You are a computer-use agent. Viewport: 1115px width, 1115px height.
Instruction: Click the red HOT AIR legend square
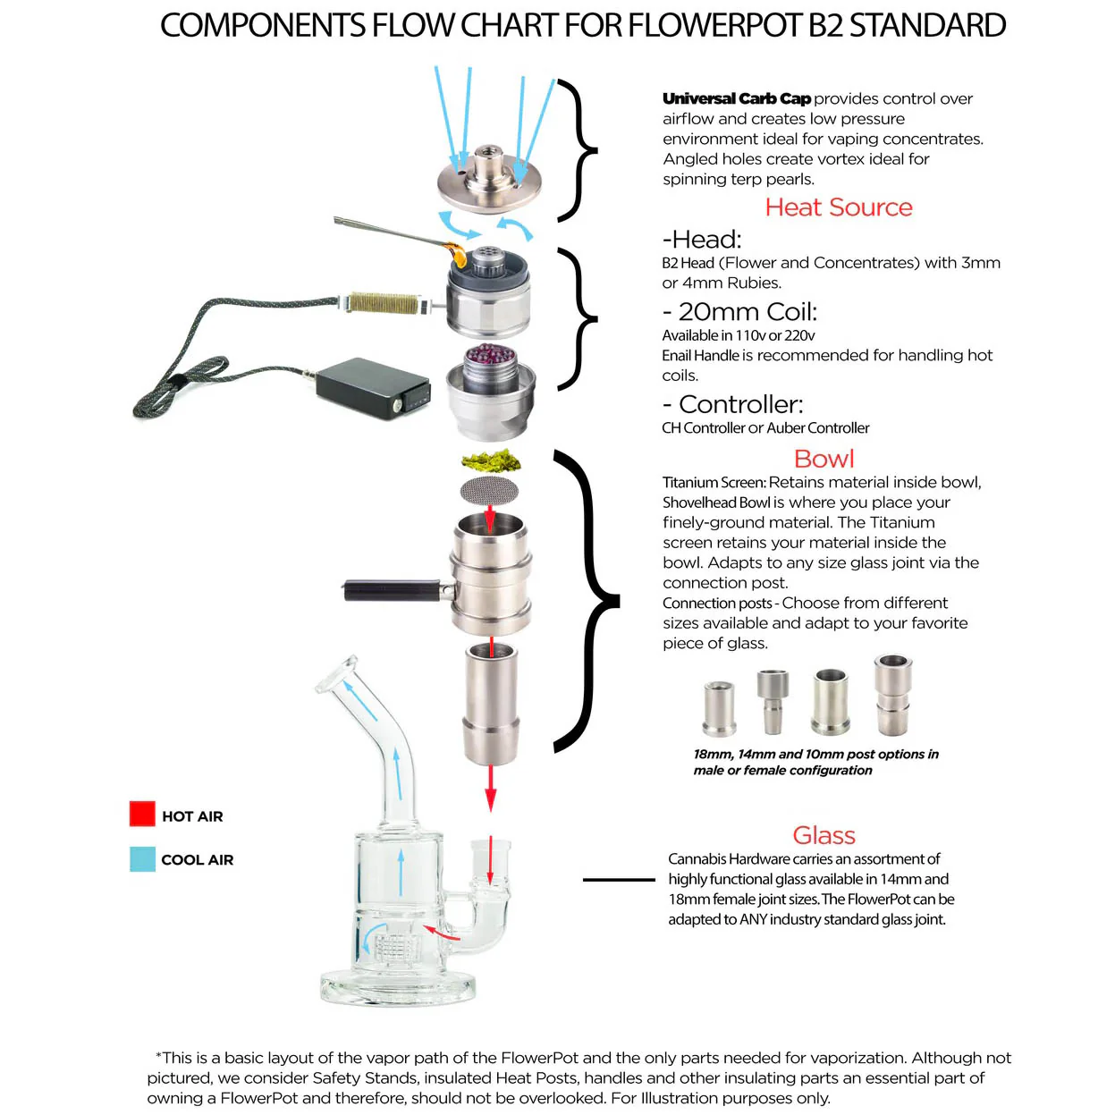(142, 814)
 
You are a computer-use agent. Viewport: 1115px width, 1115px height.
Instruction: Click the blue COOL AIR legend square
(142, 859)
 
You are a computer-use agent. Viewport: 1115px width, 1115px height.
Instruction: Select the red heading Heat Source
(838, 207)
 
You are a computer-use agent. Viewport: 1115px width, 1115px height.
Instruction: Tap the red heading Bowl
(824, 459)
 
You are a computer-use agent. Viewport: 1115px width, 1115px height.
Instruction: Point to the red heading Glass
(824, 835)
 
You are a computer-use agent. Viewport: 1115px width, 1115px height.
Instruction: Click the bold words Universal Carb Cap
(737, 98)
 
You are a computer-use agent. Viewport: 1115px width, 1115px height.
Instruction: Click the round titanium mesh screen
(490, 490)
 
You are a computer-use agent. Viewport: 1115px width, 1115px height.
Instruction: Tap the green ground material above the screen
(491, 460)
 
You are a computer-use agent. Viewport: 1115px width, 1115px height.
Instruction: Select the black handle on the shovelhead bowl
(392, 590)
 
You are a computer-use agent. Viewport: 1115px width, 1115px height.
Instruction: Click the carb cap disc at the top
(489, 182)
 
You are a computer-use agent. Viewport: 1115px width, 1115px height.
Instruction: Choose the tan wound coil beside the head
(385, 303)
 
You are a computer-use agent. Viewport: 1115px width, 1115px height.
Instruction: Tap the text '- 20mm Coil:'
(739, 312)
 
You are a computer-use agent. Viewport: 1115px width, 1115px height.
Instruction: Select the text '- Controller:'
(732, 404)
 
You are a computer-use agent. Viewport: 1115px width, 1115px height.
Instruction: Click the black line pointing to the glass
(619, 880)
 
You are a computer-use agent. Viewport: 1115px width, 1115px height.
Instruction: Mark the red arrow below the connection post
(490, 787)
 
